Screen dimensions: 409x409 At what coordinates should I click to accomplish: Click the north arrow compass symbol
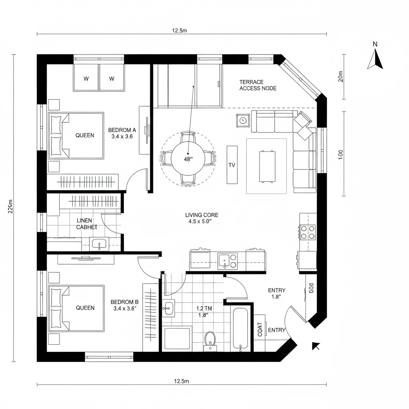pyautogui.click(x=375, y=60)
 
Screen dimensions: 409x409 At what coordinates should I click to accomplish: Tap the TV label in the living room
pyautogui.click(x=232, y=165)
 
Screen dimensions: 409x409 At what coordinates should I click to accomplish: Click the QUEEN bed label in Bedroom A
pyautogui.click(x=85, y=135)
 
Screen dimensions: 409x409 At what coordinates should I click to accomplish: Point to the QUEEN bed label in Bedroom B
pyautogui.click(x=85, y=308)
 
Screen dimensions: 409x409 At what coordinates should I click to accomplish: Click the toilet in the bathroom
pyautogui.click(x=210, y=339)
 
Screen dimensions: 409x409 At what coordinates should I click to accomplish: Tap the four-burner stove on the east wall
pyautogui.click(x=308, y=232)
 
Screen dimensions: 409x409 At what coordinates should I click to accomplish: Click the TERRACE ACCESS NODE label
pyautogui.click(x=258, y=85)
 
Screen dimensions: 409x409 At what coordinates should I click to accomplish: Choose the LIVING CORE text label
pyautogui.click(x=202, y=215)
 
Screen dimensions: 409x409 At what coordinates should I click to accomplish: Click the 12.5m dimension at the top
pyautogui.click(x=179, y=31)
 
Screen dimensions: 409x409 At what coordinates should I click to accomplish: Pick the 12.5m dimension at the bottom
pyautogui.click(x=181, y=381)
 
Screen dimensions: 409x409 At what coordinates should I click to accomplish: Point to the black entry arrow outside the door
pyautogui.click(x=316, y=346)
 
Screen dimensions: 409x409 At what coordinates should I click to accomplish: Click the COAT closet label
pyautogui.click(x=260, y=330)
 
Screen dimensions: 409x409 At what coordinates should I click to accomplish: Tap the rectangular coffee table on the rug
pyautogui.click(x=267, y=166)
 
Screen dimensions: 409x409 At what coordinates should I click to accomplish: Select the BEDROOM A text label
pyautogui.click(x=122, y=130)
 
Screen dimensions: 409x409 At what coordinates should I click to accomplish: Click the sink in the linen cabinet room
pyautogui.click(x=99, y=244)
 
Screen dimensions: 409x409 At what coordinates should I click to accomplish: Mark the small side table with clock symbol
pyautogui.click(x=243, y=120)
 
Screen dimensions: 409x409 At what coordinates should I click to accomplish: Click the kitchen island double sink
pyautogui.click(x=227, y=260)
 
